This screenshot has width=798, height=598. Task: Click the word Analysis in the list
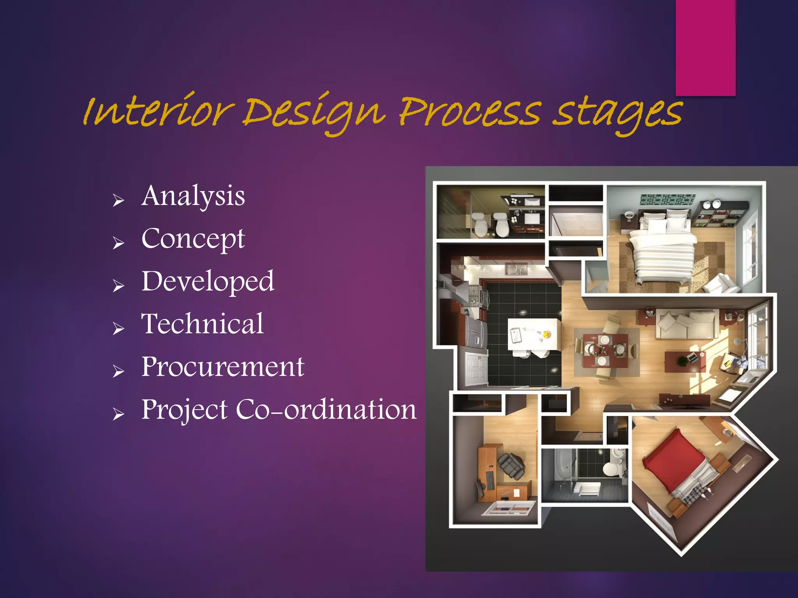pyautogui.click(x=193, y=196)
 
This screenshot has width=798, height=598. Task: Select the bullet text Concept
pyautogui.click(x=193, y=239)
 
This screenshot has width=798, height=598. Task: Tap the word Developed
pyautogui.click(x=208, y=281)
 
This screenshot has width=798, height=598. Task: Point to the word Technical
pyautogui.click(x=202, y=324)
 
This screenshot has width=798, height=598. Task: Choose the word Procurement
pyautogui.click(x=222, y=367)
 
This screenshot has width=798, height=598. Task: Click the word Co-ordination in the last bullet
pyautogui.click(x=326, y=410)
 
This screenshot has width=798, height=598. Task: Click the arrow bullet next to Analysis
pyautogui.click(x=118, y=201)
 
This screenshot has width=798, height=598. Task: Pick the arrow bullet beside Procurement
pyautogui.click(x=118, y=371)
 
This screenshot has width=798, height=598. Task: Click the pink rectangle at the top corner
pyautogui.click(x=705, y=47)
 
